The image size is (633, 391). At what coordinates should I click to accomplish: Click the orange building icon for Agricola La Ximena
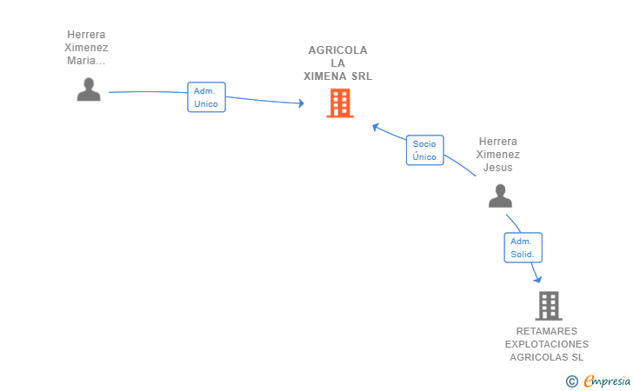coord(340,103)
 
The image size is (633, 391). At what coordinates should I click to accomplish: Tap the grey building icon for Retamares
coord(549,306)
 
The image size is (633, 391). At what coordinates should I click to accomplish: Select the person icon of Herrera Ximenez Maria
coord(89,89)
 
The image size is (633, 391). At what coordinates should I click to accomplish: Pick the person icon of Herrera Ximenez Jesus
coord(500,195)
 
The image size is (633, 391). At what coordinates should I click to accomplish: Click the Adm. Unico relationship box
coord(206,97)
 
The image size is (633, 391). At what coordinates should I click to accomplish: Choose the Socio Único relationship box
coord(424,150)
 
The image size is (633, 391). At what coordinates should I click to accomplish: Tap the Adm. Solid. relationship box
coord(523,248)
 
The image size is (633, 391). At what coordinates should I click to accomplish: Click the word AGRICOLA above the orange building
coord(338,50)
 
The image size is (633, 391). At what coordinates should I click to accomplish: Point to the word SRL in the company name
coord(362,76)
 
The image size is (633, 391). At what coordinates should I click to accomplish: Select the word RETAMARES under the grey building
coord(547,331)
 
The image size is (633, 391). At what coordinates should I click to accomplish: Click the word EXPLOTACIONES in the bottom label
coord(547,344)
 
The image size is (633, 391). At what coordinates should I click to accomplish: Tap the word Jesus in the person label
coord(497,168)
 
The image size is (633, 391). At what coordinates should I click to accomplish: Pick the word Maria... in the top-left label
coord(86,61)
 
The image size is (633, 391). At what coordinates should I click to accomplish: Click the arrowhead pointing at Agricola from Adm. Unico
coord(301,103)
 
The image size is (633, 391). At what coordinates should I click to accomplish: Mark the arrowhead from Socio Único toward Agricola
coord(375,127)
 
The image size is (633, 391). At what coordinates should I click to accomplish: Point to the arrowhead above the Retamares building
coord(537,279)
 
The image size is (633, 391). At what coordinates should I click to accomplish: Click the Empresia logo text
coord(607,381)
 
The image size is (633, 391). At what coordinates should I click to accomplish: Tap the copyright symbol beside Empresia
coord(571,381)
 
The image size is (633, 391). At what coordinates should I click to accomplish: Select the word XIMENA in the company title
coord(325,76)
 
